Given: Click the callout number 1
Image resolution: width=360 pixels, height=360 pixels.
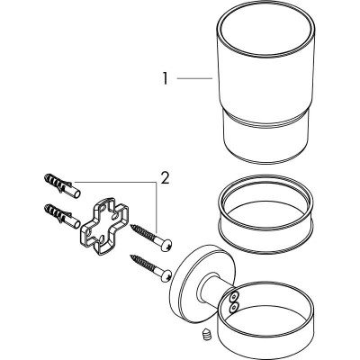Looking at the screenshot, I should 165,79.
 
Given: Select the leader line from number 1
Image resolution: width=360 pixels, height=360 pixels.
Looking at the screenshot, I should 193,79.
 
